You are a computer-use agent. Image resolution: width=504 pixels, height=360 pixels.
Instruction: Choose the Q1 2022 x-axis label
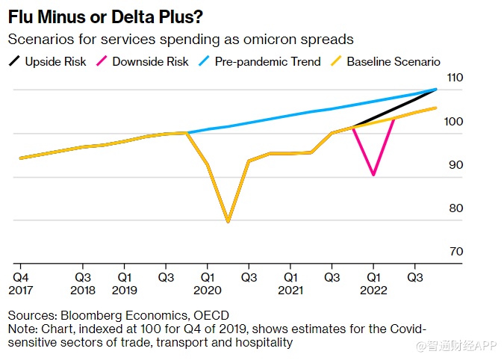pyautogui.click(x=373, y=282)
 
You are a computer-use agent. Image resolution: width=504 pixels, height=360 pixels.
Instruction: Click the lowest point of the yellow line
pyautogui.click(x=228, y=222)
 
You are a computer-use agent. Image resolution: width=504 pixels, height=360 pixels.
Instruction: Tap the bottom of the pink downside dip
pyautogui.click(x=373, y=175)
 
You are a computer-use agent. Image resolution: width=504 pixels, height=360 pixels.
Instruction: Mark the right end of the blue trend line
pyautogui.click(x=436, y=89)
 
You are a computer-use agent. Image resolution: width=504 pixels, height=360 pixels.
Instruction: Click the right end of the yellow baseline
pyautogui.click(x=436, y=108)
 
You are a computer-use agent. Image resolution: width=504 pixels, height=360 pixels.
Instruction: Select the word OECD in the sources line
pyautogui.click(x=211, y=315)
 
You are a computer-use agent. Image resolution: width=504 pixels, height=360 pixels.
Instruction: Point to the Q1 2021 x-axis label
pyautogui.click(x=290, y=282)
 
